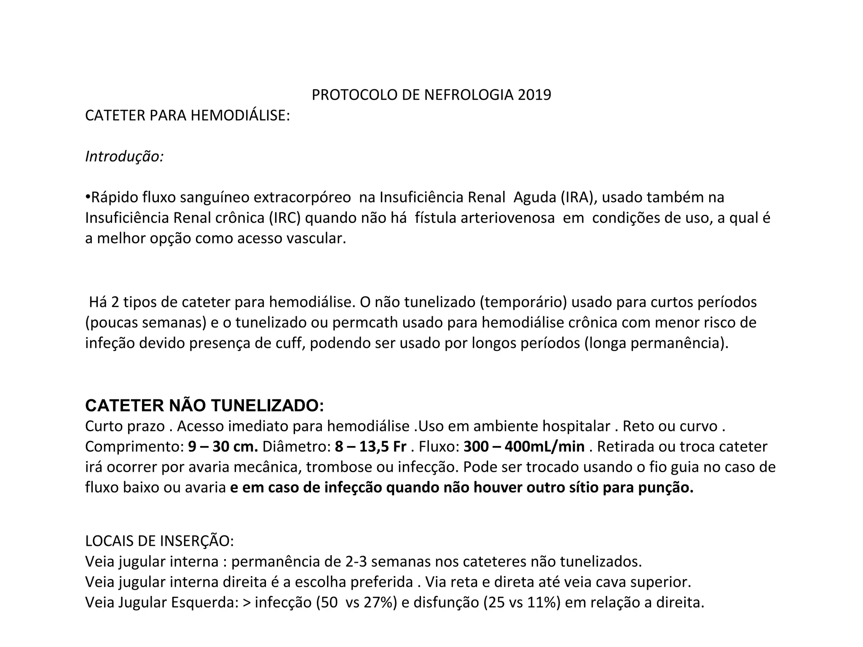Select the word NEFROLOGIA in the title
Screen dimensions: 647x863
469,95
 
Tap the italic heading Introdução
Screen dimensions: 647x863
124,156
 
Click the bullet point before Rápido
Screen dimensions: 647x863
88,197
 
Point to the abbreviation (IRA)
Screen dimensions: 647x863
575,197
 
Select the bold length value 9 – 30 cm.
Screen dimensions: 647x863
223,446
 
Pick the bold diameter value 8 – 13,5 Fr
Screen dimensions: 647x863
370,446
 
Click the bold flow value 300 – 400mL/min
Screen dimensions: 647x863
524,446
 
